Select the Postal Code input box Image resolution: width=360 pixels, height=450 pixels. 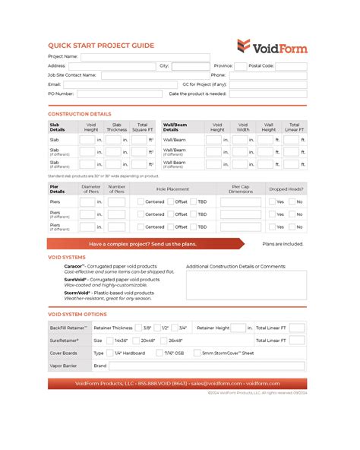coord(292,66)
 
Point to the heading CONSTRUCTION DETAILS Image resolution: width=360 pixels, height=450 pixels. coord(80,113)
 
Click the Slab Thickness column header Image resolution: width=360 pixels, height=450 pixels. coord(116,127)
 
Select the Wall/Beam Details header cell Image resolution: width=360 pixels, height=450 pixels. coord(176,127)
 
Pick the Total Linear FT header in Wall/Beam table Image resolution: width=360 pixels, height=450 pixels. coord(295,127)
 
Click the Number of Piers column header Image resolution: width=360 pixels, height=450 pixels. coord(116,189)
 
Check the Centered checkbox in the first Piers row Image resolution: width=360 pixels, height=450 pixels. coord(141,202)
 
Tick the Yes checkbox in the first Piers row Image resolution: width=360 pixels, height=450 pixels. coord(272,202)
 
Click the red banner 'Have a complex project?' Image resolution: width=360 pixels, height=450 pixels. coord(143,244)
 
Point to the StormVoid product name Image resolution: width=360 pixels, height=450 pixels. coord(77,292)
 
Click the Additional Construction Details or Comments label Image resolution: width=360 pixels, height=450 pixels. coord(235,267)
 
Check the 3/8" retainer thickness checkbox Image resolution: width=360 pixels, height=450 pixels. coord(138,328)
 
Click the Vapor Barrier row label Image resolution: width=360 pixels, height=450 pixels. coord(64,366)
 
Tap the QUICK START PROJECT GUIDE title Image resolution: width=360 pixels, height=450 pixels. coord(101,46)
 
